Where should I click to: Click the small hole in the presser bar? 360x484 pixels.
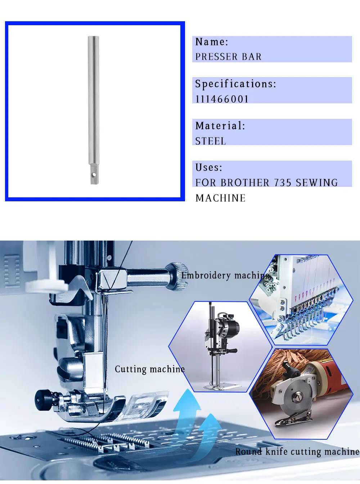94,175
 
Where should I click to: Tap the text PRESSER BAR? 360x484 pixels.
228,57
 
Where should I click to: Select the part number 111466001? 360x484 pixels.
222,99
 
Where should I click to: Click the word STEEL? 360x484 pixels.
210,141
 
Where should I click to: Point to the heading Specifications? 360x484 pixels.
236,84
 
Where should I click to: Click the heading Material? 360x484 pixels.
220,126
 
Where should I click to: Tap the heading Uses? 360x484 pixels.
209,167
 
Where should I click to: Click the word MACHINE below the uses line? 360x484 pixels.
220,198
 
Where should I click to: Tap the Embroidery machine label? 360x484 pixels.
225,275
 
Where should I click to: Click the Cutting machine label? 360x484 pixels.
150,369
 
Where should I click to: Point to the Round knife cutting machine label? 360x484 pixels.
297,452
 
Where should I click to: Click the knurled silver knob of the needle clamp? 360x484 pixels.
177,277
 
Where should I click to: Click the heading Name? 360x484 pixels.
212,42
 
